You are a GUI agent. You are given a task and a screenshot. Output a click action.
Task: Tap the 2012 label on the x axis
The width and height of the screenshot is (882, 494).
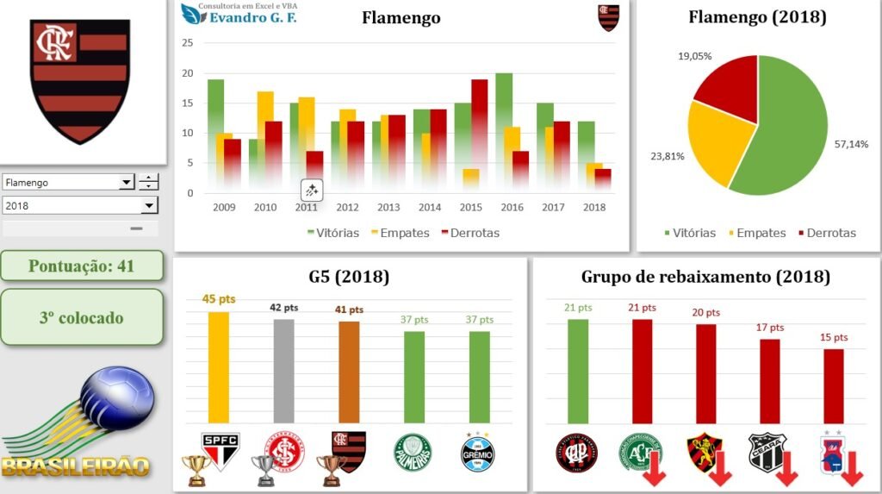347,208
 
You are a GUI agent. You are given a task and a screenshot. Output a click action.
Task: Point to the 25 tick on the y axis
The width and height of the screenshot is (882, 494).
188,43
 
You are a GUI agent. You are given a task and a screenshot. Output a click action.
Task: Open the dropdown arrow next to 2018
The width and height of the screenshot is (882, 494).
150,205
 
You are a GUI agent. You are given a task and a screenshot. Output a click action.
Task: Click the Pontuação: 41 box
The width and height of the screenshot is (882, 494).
81,266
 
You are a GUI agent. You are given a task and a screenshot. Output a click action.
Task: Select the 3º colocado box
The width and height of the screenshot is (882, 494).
81,317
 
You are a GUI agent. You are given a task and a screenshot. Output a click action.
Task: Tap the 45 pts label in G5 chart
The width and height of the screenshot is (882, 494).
219,300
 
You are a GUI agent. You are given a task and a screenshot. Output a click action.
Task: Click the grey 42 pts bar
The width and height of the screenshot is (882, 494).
283,371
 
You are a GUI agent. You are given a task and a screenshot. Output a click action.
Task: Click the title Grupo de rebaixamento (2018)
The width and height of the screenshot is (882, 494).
705,277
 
